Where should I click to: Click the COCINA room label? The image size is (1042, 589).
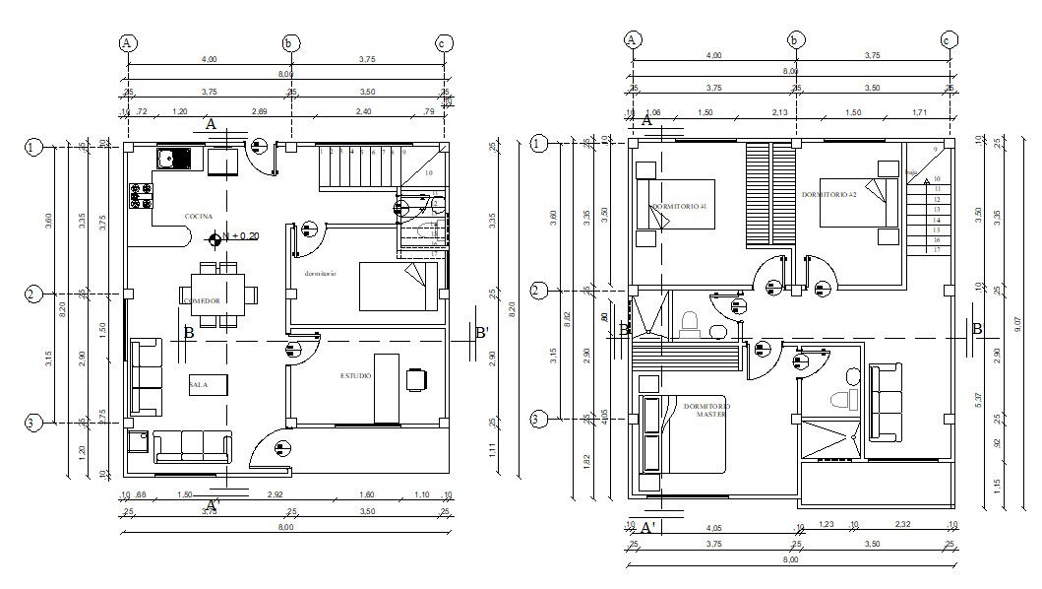198,216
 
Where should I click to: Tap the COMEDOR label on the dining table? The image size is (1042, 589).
201,300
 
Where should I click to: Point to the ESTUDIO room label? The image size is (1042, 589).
356,375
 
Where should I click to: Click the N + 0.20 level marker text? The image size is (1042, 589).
238,236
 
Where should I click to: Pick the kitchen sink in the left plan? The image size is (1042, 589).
173,158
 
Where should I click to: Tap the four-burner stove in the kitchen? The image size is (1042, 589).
140,196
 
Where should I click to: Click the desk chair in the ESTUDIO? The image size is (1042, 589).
417,376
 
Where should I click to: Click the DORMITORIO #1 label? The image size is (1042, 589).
679,206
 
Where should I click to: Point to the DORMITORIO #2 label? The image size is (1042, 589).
828,194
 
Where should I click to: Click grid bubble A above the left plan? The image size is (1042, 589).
127,42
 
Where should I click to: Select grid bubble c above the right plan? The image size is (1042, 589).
949,39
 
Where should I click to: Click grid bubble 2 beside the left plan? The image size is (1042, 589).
33,294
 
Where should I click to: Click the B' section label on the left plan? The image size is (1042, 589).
481,333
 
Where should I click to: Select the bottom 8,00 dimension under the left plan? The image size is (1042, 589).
284,528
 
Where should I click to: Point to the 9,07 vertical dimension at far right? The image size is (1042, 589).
1021,321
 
